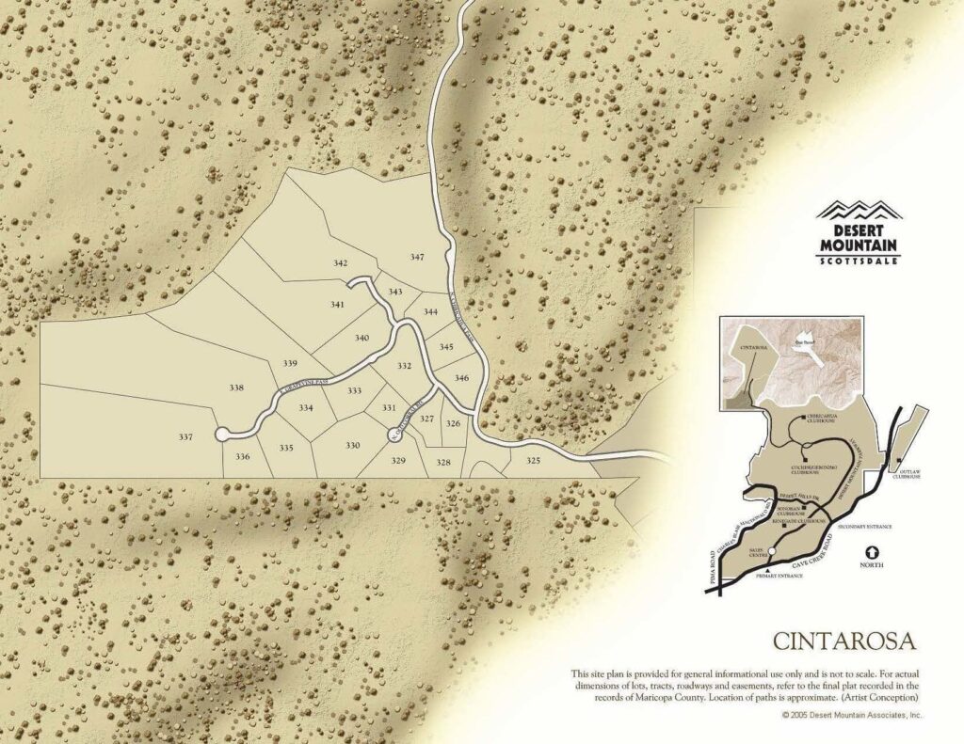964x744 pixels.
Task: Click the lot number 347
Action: click(417, 257)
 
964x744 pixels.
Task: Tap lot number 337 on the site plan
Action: click(185, 436)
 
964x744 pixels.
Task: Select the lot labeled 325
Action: click(534, 461)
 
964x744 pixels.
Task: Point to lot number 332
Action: click(404, 366)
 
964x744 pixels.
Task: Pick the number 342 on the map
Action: click(341, 263)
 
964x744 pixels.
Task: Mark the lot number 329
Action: click(398, 461)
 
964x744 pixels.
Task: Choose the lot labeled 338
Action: click(236, 388)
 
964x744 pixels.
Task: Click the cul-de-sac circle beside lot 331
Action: click(395, 434)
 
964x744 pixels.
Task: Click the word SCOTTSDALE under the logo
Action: click(859, 261)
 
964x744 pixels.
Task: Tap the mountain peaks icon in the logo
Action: click(859, 209)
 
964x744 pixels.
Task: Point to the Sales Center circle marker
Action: click(771, 551)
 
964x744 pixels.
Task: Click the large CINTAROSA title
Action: click(844, 641)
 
